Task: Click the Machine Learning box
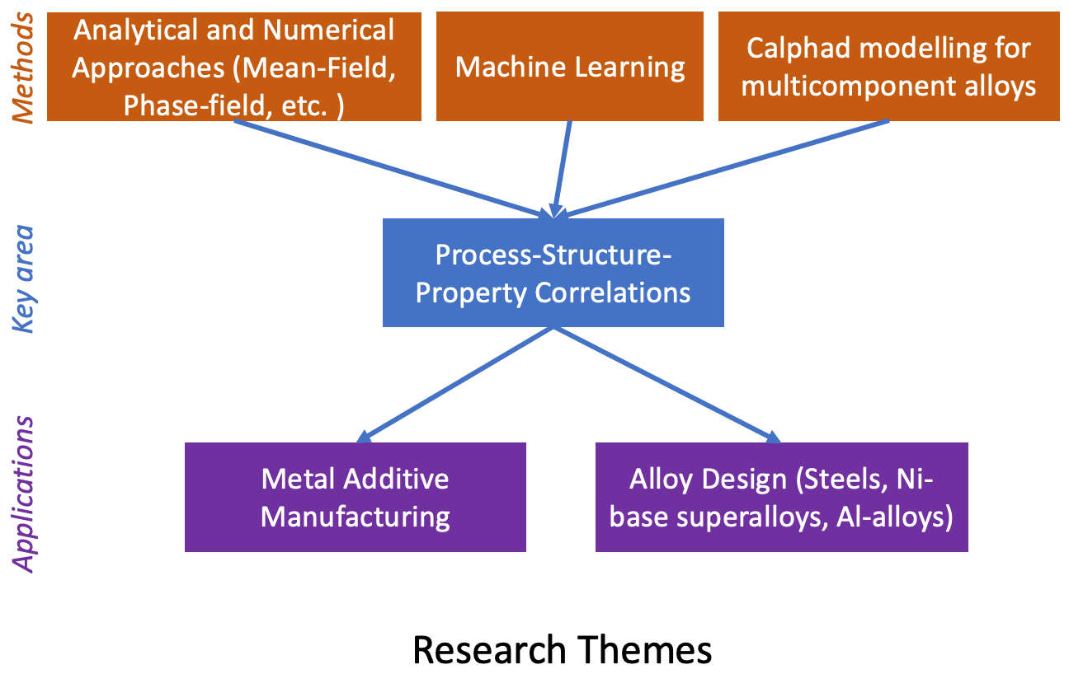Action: pyautogui.click(x=570, y=66)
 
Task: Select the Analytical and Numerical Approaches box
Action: pyautogui.click(x=234, y=66)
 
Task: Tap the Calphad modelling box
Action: pyautogui.click(x=888, y=66)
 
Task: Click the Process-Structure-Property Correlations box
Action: pyautogui.click(x=553, y=273)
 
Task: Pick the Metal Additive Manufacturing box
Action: pyautogui.click(x=355, y=497)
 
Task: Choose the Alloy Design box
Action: pyautogui.click(x=782, y=497)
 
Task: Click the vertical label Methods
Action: pyautogui.click(x=23, y=68)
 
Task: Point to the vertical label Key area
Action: pyautogui.click(x=23, y=278)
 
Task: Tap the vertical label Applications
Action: pyautogui.click(x=23, y=494)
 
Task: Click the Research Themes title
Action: pyautogui.click(x=563, y=649)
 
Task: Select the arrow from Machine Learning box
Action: pyautogui.click(x=562, y=170)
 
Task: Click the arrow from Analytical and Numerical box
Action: pyautogui.click(x=393, y=169)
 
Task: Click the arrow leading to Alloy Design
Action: pyautogui.click(x=667, y=385)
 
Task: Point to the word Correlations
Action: pyautogui.click(x=613, y=293)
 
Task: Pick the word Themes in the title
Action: pyautogui.click(x=645, y=649)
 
